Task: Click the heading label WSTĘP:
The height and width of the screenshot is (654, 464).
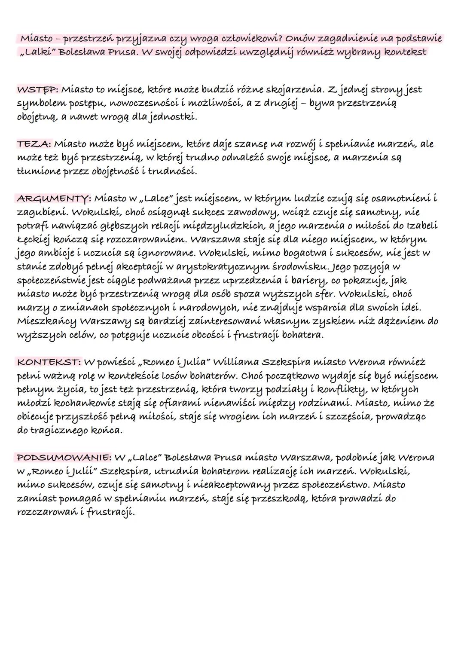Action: (37, 90)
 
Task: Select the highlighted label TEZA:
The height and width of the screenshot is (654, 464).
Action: (34, 144)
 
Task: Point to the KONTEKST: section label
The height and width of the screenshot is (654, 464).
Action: (49, 362)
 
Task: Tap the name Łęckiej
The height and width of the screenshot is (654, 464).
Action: (32, 239)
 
